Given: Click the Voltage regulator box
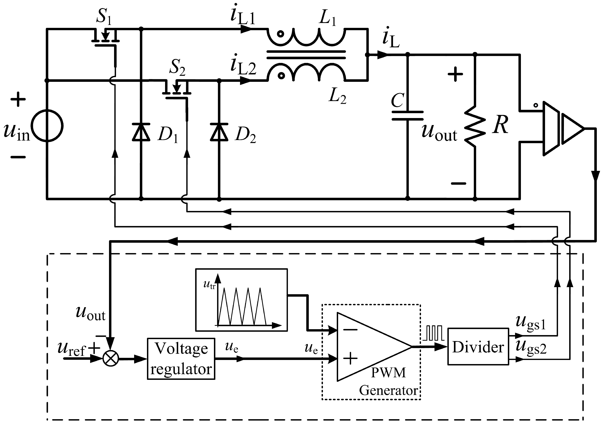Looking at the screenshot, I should [x=181, y=359].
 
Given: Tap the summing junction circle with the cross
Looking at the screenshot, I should [x=111, y=359].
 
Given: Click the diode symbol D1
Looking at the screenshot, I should [x=141, y=132].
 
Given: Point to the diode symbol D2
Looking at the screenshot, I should [x=219, y=132].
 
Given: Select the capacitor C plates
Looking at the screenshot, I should [x=407, y=116].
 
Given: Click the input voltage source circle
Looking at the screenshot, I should [x=47, y=126].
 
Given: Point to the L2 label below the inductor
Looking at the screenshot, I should [x=337, y=96].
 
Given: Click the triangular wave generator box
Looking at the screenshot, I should [x=241, y=300].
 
